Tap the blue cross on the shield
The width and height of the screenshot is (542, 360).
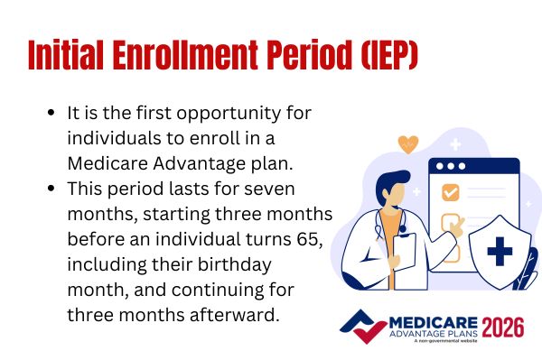[500, 251]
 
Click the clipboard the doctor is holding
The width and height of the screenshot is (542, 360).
[406, 258]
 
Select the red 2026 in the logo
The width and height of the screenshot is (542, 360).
[502, 326]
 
